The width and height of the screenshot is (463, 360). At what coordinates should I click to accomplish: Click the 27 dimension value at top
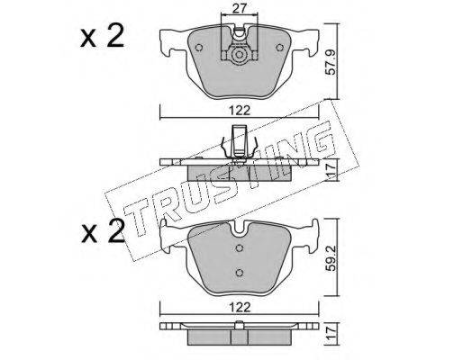pos(240,8)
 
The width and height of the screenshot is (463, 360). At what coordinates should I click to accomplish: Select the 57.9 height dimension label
pos(331,62)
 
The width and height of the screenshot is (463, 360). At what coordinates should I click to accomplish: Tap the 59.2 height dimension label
pos(331,258)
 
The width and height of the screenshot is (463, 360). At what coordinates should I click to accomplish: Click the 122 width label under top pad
pos(240,111)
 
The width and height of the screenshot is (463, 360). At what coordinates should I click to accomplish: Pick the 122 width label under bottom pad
pos(240,307)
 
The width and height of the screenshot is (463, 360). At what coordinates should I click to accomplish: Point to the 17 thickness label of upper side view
pos(331,169)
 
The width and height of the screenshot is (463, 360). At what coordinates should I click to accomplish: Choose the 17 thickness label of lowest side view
pos(331,333)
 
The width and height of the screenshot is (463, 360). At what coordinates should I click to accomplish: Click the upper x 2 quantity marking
pos(102,36)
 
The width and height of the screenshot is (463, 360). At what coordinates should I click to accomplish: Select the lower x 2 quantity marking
pos(102,231)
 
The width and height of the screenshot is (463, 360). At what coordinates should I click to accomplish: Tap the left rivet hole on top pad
pos(199,48)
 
